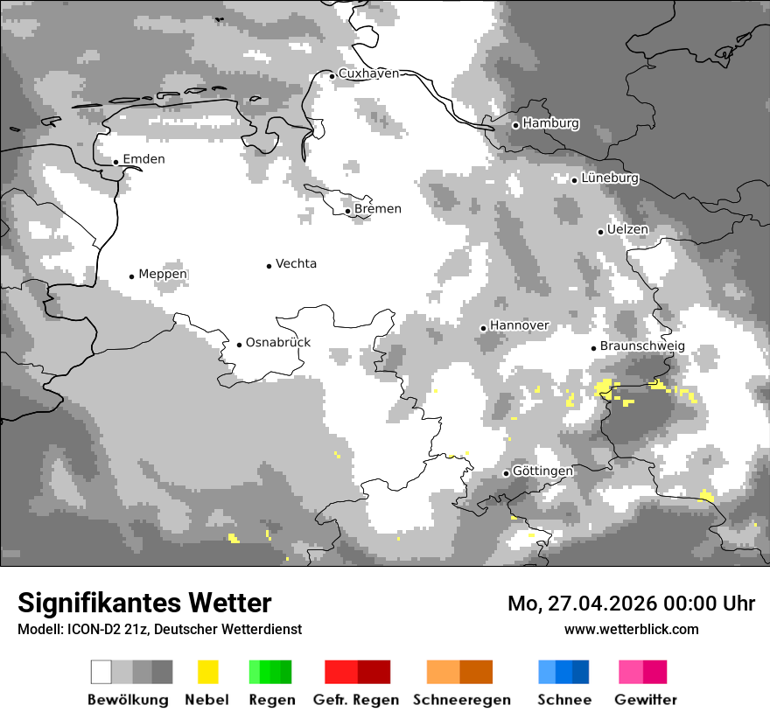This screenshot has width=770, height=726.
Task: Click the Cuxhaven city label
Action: pyautogui.click(x=368, y=74)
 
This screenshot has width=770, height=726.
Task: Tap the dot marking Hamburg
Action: pyautogui.click(x=515, y=125)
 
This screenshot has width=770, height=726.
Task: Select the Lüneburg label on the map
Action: pyautogui.click(x=610, y=178)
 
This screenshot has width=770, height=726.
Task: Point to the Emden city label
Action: pyautogui.click(x=143, y=159)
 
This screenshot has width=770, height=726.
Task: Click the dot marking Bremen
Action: pyautogui.click(x=347, y=211)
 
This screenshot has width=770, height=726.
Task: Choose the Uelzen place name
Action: pyautogui.click(x=627, y=230)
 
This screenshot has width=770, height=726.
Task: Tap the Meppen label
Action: pyautogui.click(x=163, y=275)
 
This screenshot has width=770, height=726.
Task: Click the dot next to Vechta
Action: pyautogui.click(x=269, y=265)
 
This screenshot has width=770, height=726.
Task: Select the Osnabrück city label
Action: pyautogui.click(x=278, y=343)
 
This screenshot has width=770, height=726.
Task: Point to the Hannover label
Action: pyautogui.click(x=519, y=325)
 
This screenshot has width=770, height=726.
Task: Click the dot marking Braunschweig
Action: pyautogui.click(x=593, y=348)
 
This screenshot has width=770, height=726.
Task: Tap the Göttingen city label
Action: pyautogui.click(x=542, y=471)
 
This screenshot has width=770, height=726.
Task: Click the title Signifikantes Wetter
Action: pyautogui.click(x=144, y=604)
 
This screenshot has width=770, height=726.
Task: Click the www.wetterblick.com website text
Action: pyautogui.click(x=631, y=629)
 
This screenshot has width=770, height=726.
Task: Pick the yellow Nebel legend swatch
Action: pyautogui.click(x=207, y=672)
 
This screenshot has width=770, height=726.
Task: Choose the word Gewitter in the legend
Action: pyautogui.click(x=646, y=700)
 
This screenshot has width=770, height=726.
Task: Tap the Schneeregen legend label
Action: pyautogui.click(x=462, y=700)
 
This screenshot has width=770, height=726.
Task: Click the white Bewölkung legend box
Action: pyautogui.click(x=101, y=672)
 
